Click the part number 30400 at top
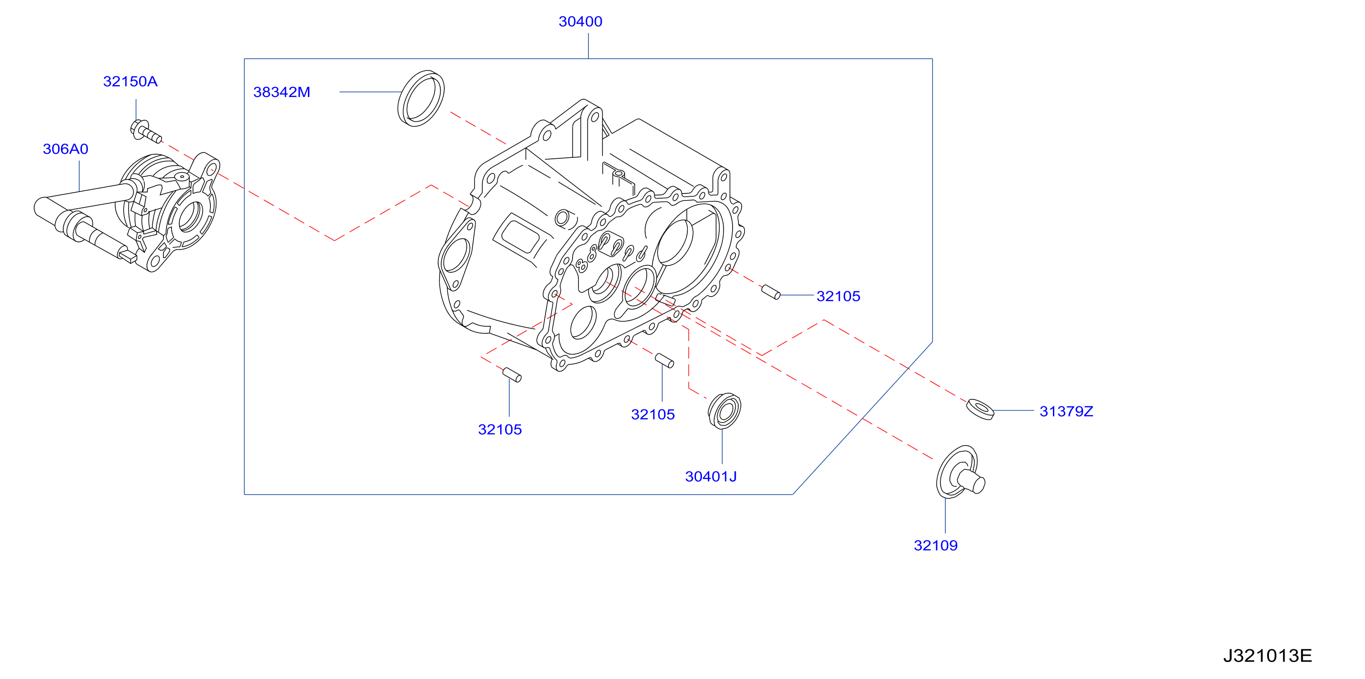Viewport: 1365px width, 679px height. click(x=580, y=22)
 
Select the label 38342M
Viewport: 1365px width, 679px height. click(x=281, y=92)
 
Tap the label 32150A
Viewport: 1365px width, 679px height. click(x=130, y=81)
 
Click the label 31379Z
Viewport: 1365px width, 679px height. click(x=1066, y=411)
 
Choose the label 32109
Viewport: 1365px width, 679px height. click(x=935, y=545)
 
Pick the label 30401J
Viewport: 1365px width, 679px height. click(x=711, y=477)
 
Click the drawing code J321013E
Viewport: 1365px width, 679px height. click(x=1267, y=656)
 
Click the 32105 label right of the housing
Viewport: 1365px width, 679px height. click(x=838, y=296)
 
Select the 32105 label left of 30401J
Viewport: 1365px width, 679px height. click(x=653, y=415)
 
